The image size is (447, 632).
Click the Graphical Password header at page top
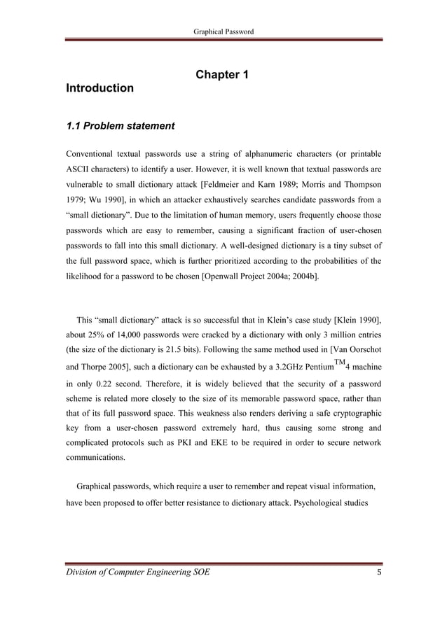[x=224, y=31]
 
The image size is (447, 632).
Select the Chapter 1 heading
[x=223, y=75]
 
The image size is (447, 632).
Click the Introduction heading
[x=99, y=89]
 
